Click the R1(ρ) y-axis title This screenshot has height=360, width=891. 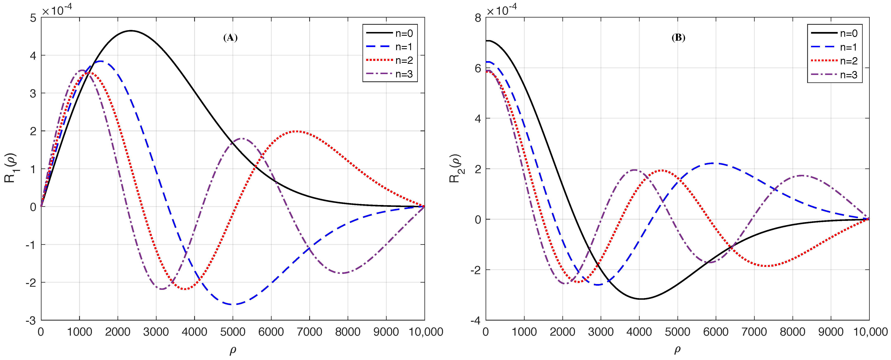click(10, 168)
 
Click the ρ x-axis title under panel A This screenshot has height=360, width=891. click(233, 350)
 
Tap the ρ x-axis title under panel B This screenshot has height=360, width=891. click(677, 350)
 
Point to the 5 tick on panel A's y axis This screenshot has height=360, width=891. click(33, 18)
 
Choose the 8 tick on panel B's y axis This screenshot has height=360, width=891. click(478, 18)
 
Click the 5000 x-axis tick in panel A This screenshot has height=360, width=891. click(233, 332)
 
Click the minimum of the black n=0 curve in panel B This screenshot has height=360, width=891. click(641, 299)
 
